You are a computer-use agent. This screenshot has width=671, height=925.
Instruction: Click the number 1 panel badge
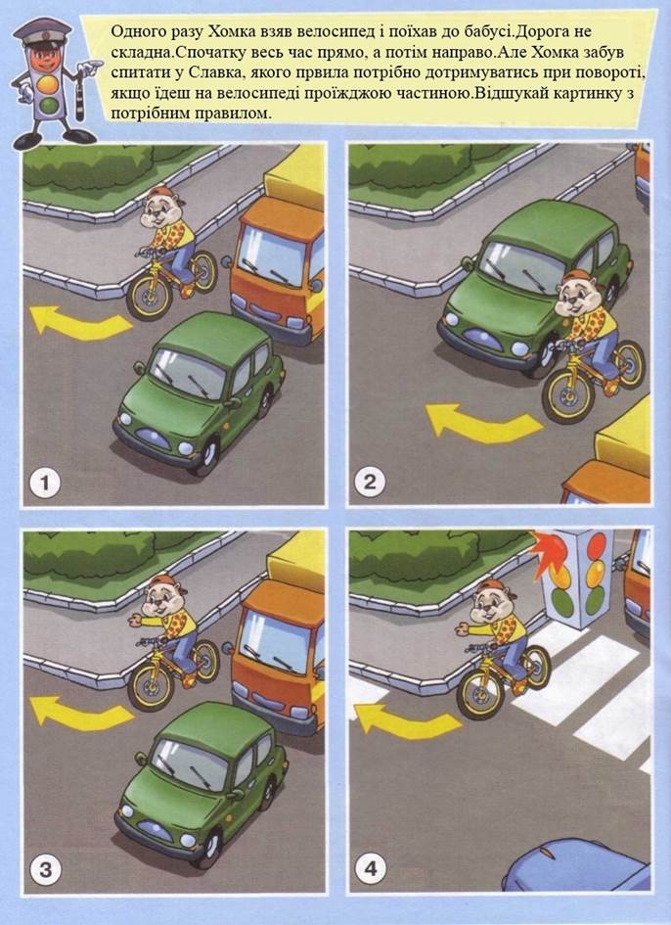(45, 484)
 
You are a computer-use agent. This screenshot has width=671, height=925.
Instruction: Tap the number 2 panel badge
(370, 482)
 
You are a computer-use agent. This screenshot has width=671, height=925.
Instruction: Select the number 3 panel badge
(45, 869)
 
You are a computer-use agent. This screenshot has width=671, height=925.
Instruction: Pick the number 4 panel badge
(371, 869)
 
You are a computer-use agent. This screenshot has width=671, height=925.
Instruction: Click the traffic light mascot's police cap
(41, 31)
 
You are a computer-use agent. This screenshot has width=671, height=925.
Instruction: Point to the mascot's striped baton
(79, 93)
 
